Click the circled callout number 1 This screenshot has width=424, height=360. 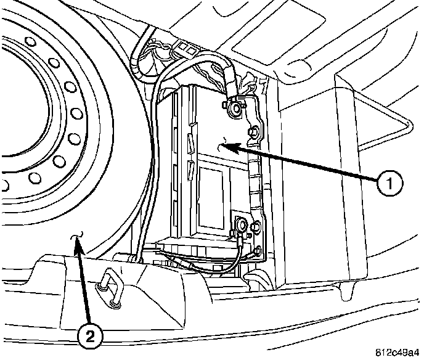tap(391, 182)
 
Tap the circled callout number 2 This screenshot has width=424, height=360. tap(91, 335)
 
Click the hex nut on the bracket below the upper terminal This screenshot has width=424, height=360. tap(252, 131)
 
